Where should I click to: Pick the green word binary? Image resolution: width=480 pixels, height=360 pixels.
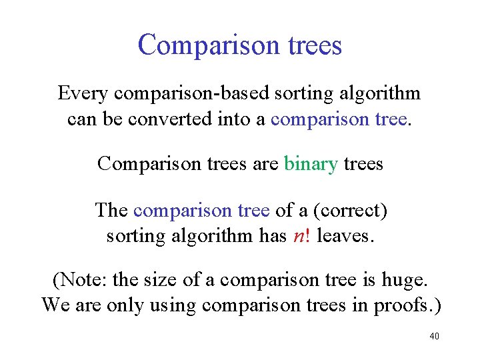pos(311,163)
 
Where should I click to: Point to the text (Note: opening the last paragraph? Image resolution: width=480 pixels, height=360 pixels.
pos(80,280)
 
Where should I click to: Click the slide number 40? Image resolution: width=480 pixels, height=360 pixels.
pos(434,336)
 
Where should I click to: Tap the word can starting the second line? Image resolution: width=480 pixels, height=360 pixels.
pos(81,119)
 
